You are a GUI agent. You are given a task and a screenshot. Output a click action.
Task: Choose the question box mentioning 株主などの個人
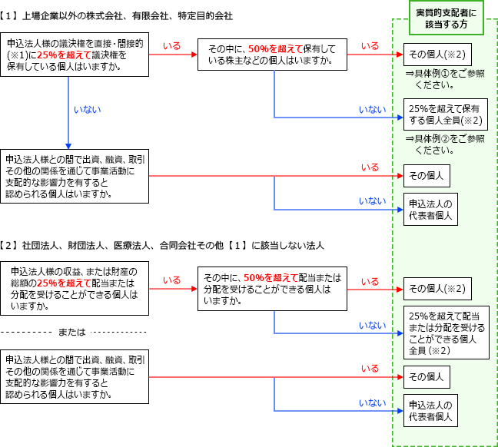coord(271,55)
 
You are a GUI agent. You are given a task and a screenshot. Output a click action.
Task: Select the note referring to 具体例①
coord(445,78)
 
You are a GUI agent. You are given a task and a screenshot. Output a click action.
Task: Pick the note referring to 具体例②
coord(445,144)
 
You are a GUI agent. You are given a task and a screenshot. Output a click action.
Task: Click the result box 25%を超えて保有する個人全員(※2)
coord(446,115)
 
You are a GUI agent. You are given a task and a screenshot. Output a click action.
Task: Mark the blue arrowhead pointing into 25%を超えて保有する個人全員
coord(399,117)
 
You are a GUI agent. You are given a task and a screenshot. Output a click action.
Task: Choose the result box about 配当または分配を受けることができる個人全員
coord(446,333)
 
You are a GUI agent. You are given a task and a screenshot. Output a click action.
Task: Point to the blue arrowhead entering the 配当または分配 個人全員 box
coord(399,333)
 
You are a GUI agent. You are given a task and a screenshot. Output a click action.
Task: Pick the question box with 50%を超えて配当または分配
coord(271,288)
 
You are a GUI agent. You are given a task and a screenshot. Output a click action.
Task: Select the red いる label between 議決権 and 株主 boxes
coord(172,47)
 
